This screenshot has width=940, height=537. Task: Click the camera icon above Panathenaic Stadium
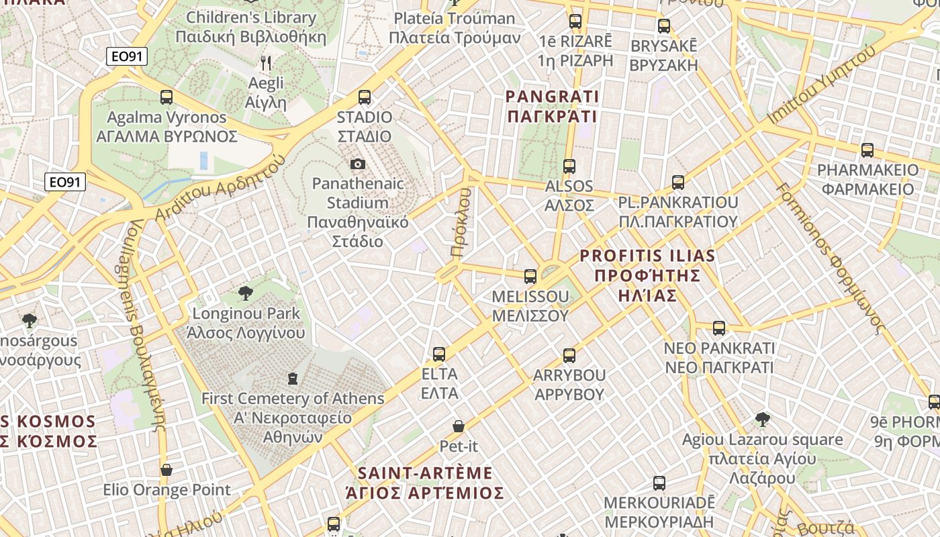tap(358, 164)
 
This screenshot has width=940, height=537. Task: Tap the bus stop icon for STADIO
tap(365, 97)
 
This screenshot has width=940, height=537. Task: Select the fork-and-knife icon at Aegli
tap(266, 64)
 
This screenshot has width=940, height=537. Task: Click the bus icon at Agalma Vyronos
tap(167, 97)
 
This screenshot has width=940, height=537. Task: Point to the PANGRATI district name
tap(552, 107)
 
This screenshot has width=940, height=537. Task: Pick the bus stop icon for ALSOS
tap(569, 166)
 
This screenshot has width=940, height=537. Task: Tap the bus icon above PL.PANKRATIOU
tap(678, 182)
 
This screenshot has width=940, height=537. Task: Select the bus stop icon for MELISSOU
tap(530, 276)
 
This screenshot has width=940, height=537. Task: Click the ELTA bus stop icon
tap(439, 354)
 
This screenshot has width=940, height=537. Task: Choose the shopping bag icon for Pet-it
tap(459, 426)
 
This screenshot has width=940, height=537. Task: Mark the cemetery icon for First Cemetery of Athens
tap(293, 379)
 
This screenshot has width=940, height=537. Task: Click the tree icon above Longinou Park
tap(246, 293)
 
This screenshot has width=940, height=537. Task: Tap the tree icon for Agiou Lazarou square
tap(762, 420)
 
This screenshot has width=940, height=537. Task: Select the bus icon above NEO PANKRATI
tap(719, 328)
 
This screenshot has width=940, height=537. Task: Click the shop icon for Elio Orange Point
tap(167, 470)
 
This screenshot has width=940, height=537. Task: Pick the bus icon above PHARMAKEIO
tap(867, 150)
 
